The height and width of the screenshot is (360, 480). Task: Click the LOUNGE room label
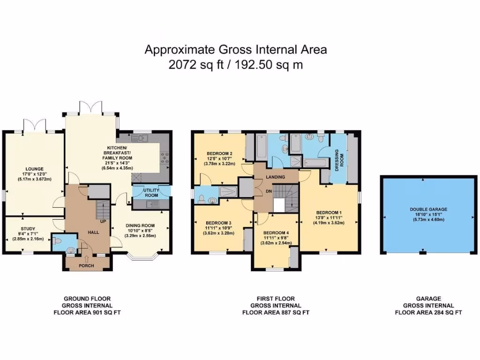[x=35, y=169]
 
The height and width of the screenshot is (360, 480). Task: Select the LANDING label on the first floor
[x=275, y=176]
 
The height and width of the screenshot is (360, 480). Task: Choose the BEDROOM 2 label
[x=220, y=153]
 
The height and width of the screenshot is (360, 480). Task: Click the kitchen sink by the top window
[x=140, y=138]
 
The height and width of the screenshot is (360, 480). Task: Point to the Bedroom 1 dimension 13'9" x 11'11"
[x=328, y=218]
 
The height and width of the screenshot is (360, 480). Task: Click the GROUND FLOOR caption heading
[x=87, y=299]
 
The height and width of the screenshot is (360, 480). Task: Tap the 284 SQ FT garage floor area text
[x=443, y=312]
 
